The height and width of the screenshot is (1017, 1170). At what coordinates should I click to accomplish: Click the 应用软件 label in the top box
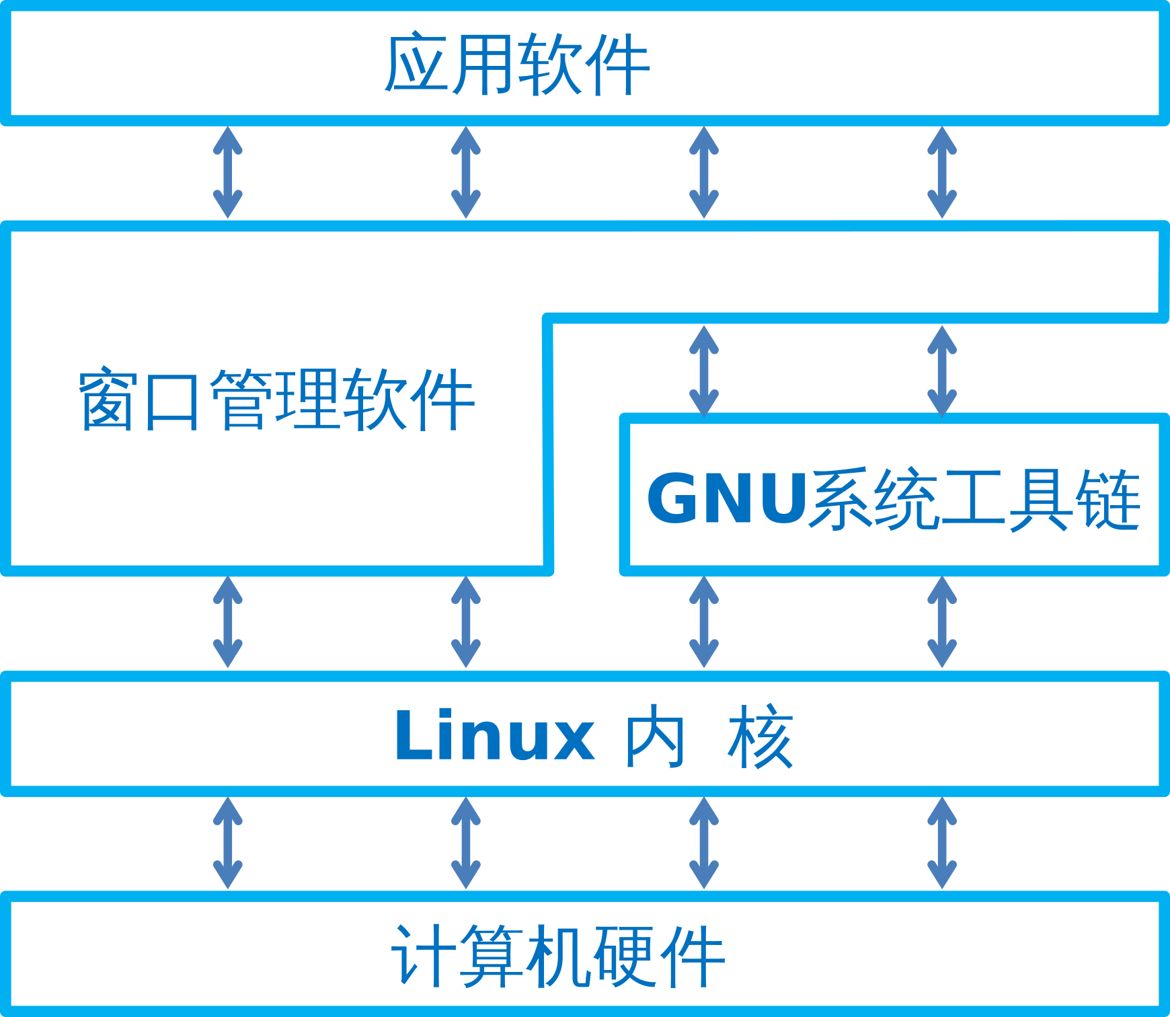click(516, 65)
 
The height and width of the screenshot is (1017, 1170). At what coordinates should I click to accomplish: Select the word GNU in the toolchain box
click(726, 498)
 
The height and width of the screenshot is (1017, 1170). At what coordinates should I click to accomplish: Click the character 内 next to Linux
click(655, 737)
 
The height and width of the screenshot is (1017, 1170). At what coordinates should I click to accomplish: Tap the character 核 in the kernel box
click(760, 737)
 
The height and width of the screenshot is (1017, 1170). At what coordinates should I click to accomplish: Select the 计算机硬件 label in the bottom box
click(558, 956)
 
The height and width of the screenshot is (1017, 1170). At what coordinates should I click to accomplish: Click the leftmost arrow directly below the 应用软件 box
click(228, 172)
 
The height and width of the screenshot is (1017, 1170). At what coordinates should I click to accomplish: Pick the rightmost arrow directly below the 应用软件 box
click(942, 172)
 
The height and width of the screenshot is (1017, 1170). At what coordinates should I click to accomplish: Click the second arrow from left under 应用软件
click(466, 172)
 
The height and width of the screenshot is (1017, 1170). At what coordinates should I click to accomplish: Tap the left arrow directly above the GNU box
click(704, 371)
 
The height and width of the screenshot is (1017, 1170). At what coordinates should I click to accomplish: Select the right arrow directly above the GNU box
click(942, 371)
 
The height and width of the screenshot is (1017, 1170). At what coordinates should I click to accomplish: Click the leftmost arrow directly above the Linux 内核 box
click(228, 622)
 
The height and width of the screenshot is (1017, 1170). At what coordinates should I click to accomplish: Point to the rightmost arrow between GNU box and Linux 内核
click(942, 622)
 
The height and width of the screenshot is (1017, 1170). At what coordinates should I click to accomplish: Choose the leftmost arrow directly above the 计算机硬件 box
click(228, 843)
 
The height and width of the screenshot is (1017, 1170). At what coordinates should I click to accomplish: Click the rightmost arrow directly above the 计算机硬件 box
click(942, 843)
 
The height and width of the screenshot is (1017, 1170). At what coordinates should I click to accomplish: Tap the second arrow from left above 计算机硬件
click(466, 843)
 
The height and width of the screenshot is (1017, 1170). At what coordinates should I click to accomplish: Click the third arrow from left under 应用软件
click(704, 172)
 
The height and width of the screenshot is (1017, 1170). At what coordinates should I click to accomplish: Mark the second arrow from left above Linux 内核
click(466, 622)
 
